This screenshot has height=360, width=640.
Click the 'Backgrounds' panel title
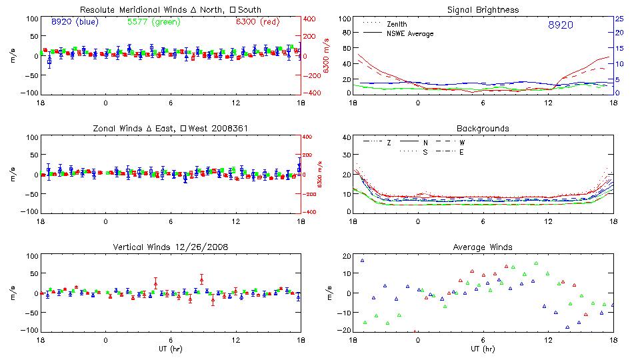[483, 128]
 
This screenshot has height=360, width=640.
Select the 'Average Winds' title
[483, 247]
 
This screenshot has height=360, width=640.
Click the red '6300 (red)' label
[256, 21]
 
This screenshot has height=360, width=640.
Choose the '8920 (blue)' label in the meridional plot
[75, 21]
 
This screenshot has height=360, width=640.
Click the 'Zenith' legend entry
[397, 24]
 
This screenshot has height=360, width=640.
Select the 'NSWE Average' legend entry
[410, 33]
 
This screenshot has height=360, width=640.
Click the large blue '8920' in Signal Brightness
[560, 25]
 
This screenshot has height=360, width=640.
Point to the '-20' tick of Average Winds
[345, 330]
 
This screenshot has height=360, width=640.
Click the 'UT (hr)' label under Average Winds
[483, 349]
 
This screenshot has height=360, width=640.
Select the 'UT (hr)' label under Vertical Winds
[171, 349]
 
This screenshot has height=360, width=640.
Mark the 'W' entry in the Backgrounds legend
[462, 142]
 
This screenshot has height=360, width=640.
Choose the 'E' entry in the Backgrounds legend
[462, 152]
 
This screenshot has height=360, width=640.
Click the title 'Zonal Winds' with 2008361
[171, 128]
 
